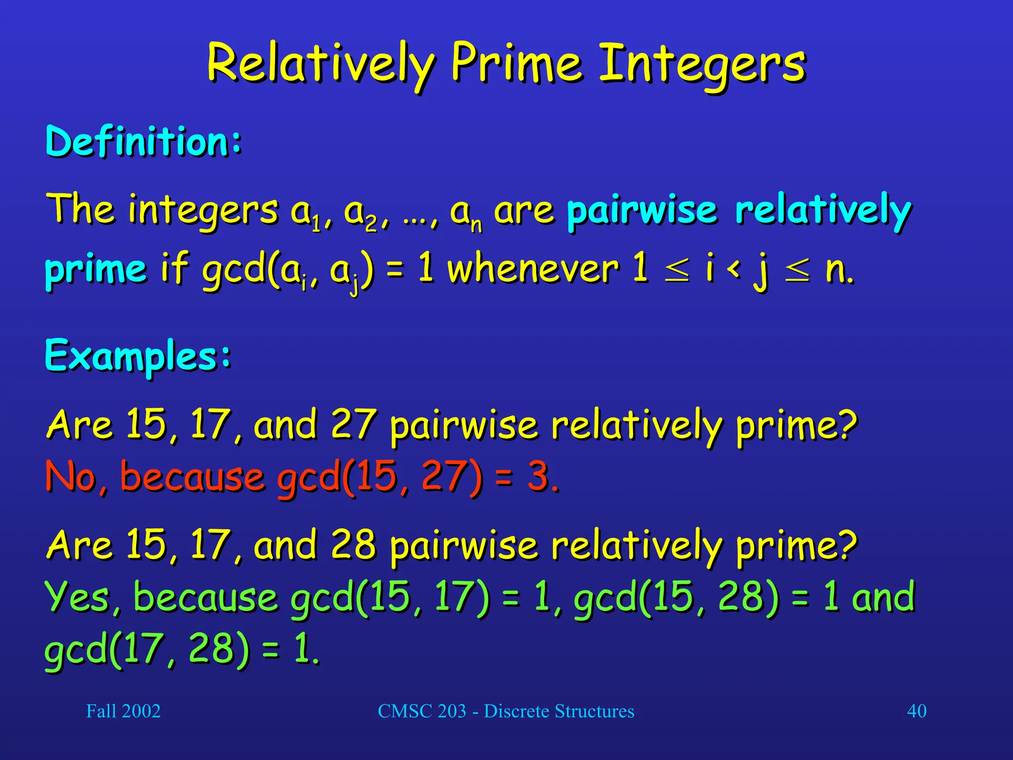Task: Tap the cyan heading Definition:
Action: point(143,142)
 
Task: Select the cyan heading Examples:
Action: point(138,355)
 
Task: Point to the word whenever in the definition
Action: point(533,270)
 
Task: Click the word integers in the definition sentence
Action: point(203,210)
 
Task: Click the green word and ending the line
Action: point(883,597)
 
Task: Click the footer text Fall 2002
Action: point(123,711)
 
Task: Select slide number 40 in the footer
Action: point(917,711)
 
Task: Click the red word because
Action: point(192,476)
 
